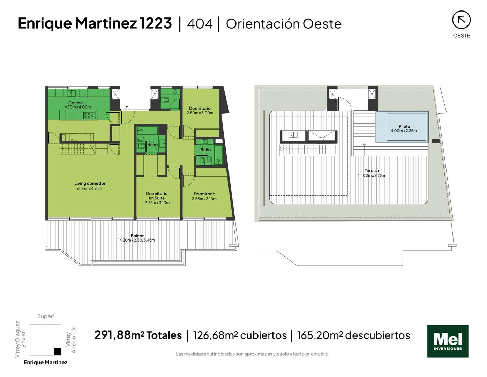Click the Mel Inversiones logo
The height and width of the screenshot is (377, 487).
(x=447, y=341)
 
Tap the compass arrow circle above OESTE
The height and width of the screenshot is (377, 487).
(x=461, y=20)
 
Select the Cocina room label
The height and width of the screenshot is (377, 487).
(x=75, y=103)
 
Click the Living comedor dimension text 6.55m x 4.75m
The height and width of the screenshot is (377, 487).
(x=89, y=188)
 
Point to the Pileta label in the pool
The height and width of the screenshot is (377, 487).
(x=404, y=126)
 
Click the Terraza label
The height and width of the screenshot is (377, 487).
(x=372, y=170)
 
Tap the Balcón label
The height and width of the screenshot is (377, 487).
(x=137, y=236)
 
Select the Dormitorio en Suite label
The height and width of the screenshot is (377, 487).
(x=157, y=195)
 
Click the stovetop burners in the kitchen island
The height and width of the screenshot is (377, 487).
(x=89, y=116)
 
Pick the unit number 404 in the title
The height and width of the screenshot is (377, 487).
(x=200, y=23)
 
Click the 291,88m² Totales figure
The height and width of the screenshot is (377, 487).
(x=138, y=335)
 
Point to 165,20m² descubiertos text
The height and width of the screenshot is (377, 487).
(x=353, y=335)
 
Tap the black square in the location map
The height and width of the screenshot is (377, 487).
(x=57, y=352)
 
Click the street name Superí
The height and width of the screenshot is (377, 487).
(x=45, y=316)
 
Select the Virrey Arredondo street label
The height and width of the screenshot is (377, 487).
(x=71, y=339)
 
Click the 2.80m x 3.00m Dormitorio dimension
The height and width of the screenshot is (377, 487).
(x=200, y=113)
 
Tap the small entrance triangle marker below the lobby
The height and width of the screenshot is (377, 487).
(x=127, y=106)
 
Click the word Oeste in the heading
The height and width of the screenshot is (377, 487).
(x=322, y=24)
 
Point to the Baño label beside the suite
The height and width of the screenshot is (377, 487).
(x=152, y=145)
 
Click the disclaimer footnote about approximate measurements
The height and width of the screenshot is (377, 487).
(x=252, y=354)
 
